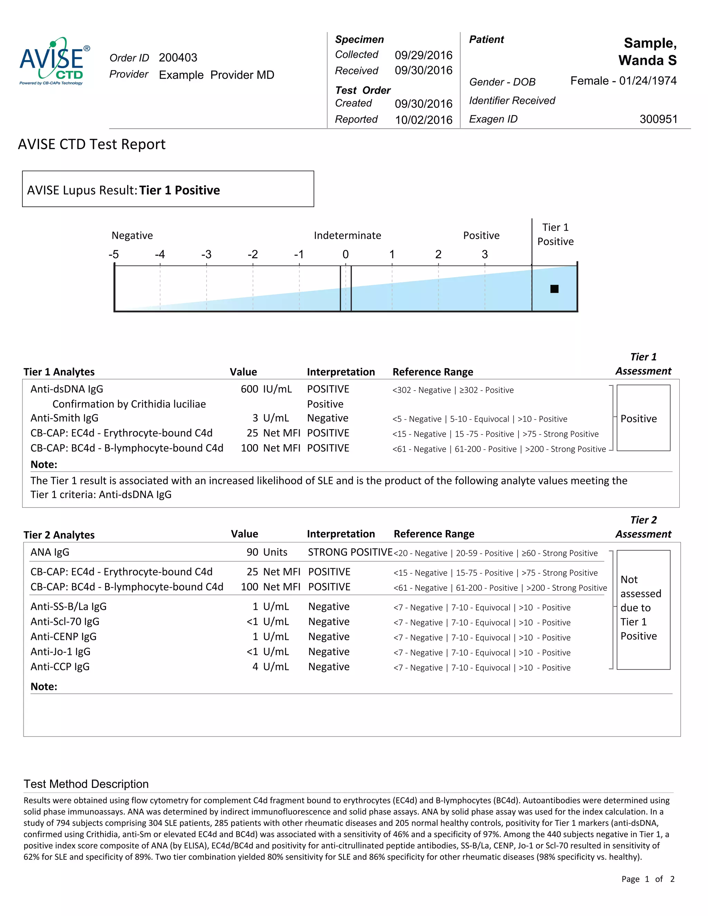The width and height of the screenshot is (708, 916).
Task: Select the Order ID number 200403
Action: tap(178, 58)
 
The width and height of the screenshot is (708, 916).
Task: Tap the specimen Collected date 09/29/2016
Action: tap(423, 55)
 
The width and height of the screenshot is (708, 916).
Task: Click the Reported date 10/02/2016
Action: tap(423, 120)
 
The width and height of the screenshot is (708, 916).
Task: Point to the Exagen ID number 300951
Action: tap(658, 119)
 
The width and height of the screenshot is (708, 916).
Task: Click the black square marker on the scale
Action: tap(554, 289)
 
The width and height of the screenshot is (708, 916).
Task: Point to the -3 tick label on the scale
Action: tap(206, 255)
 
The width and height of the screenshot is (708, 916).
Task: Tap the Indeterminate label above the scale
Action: tap(347, 235)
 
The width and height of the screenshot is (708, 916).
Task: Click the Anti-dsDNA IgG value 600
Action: tap(249, 389)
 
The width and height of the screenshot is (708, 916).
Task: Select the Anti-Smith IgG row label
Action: tap(64, 418)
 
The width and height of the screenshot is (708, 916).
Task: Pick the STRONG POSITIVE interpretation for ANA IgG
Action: tap(350, 552)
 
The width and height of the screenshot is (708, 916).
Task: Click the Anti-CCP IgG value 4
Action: tap(255, 667)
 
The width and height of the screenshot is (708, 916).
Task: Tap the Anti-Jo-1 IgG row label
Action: tap(60, 652)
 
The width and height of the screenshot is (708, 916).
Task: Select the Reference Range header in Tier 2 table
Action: tap(434, 534)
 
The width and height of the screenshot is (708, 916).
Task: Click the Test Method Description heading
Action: tap(86, 784)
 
